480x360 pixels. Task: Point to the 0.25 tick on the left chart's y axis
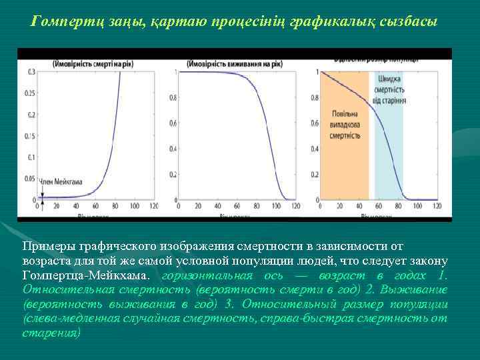(30, 93)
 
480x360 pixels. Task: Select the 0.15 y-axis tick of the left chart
(30, 136)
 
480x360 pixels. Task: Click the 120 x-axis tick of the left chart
(153, 207)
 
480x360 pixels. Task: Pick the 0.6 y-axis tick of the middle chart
(173, 123)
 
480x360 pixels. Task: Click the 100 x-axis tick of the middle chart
(276, 207)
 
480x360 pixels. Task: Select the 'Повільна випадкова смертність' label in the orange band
(345, 123)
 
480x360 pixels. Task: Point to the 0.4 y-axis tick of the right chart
(314, 149)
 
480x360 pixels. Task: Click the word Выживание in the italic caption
(418, 289)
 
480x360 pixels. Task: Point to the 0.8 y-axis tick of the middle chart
(173, 97)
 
